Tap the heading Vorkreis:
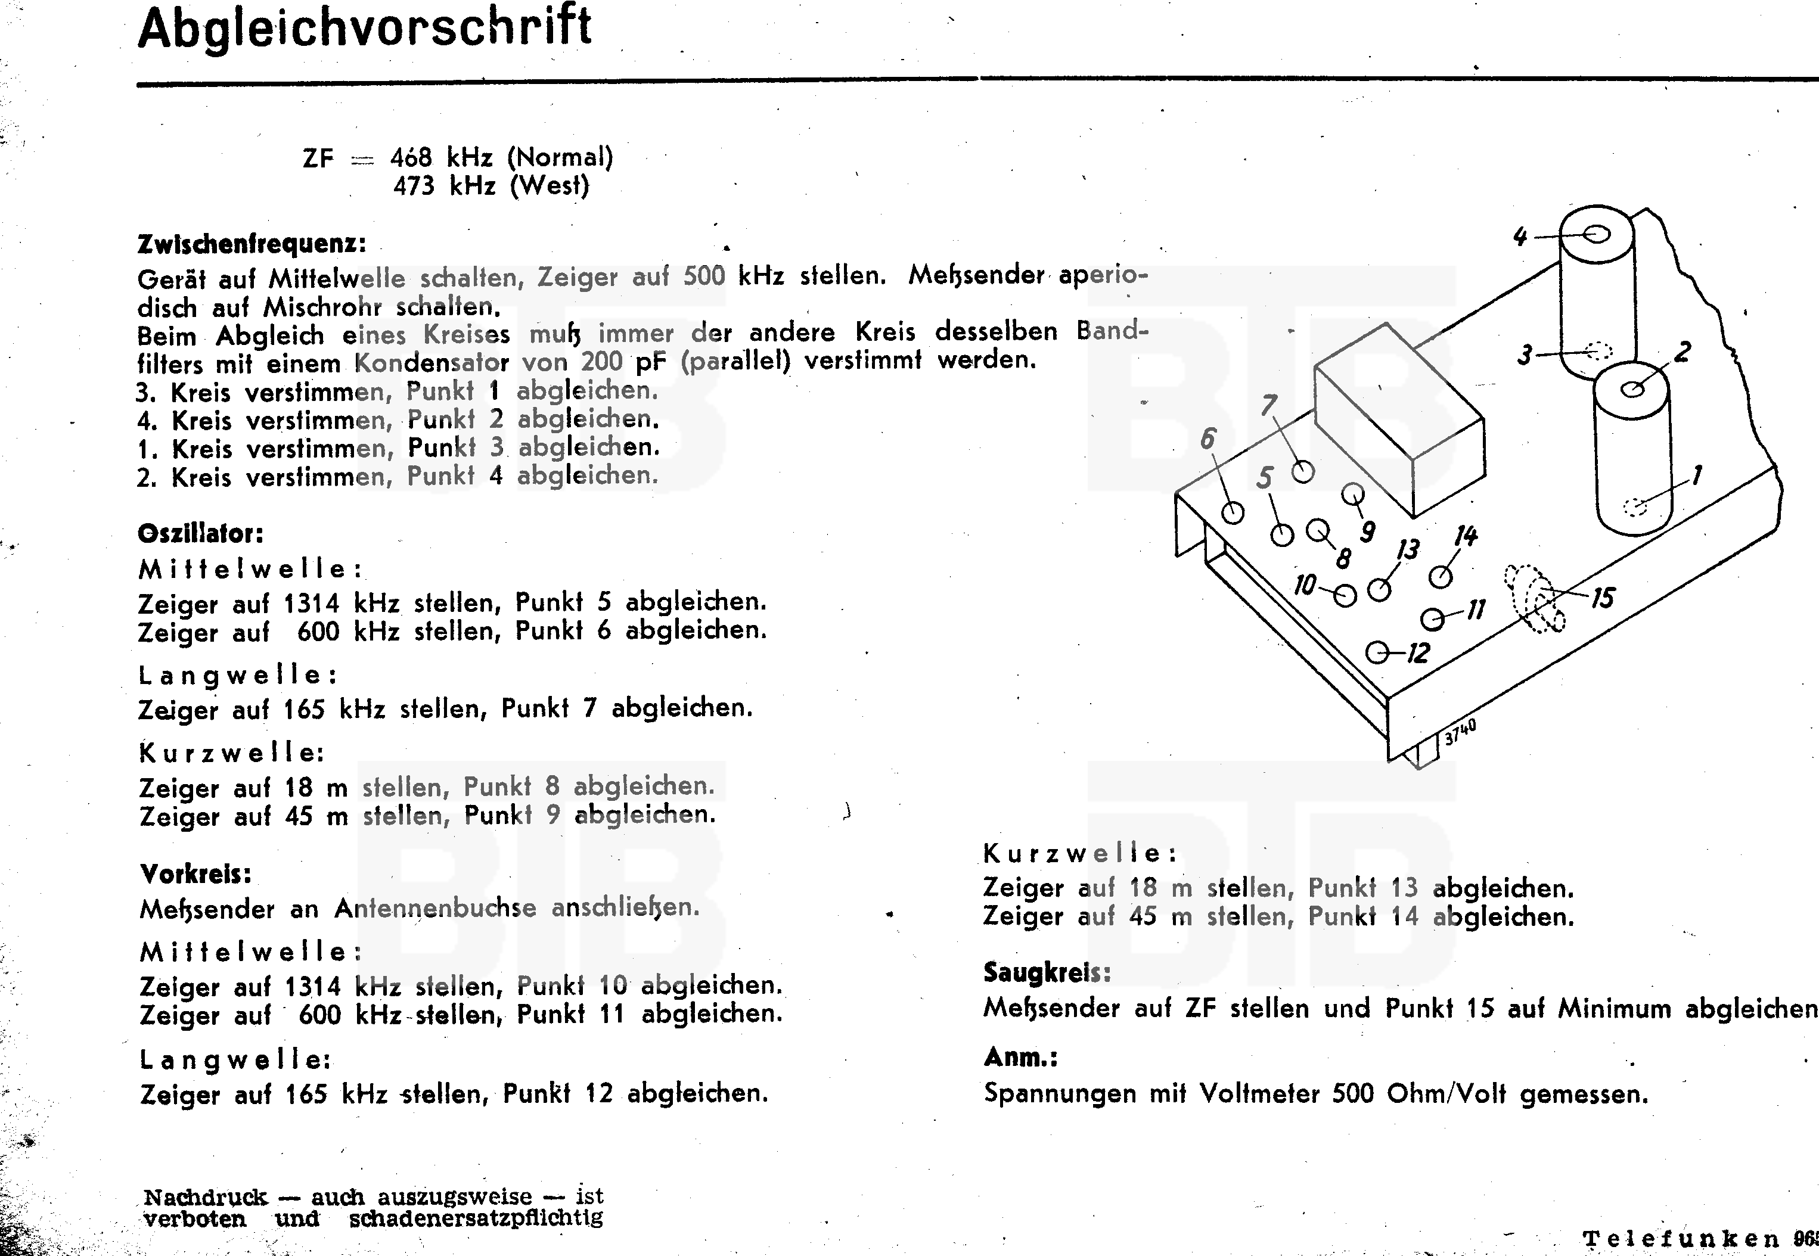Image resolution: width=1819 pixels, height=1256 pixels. click(196, 873)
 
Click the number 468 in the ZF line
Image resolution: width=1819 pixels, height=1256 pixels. click(411, 158)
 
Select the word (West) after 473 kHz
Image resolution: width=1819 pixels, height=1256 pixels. click(550, 186)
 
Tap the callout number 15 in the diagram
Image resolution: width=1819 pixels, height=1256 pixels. click(1602, 599)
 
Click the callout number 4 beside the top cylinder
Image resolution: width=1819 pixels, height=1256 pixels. click(1520, 236)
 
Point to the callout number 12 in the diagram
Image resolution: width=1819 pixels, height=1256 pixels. click(1417, 653)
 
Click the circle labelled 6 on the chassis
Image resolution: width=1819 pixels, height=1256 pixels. click(1233, 512)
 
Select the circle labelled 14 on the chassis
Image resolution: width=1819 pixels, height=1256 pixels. click(1441, 577)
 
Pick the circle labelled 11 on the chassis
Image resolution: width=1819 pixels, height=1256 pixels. click(1433, 619)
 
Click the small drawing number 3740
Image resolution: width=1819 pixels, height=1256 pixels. click(1460, 732)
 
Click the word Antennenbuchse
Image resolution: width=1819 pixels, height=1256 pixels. click(434, 909)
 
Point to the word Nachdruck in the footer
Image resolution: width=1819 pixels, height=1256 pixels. click(206, 1198)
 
